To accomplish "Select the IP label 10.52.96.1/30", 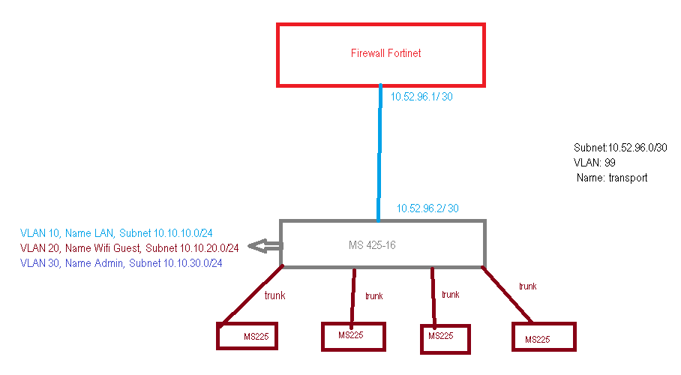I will coord(421,97).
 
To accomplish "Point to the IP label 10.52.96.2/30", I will coord(427,208).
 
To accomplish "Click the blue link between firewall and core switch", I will coord(379,150).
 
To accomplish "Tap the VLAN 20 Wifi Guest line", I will coord(130,247).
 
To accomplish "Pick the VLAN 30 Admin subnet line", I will coord(121,263).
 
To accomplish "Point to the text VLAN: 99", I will coord(594,163).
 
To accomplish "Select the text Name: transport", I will coord(612,178).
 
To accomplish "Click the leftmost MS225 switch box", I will coord(247,335).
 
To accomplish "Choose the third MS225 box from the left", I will coord(445,337).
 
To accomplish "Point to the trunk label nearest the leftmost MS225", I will coord(274,295).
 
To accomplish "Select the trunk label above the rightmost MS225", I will coord(527,286).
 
